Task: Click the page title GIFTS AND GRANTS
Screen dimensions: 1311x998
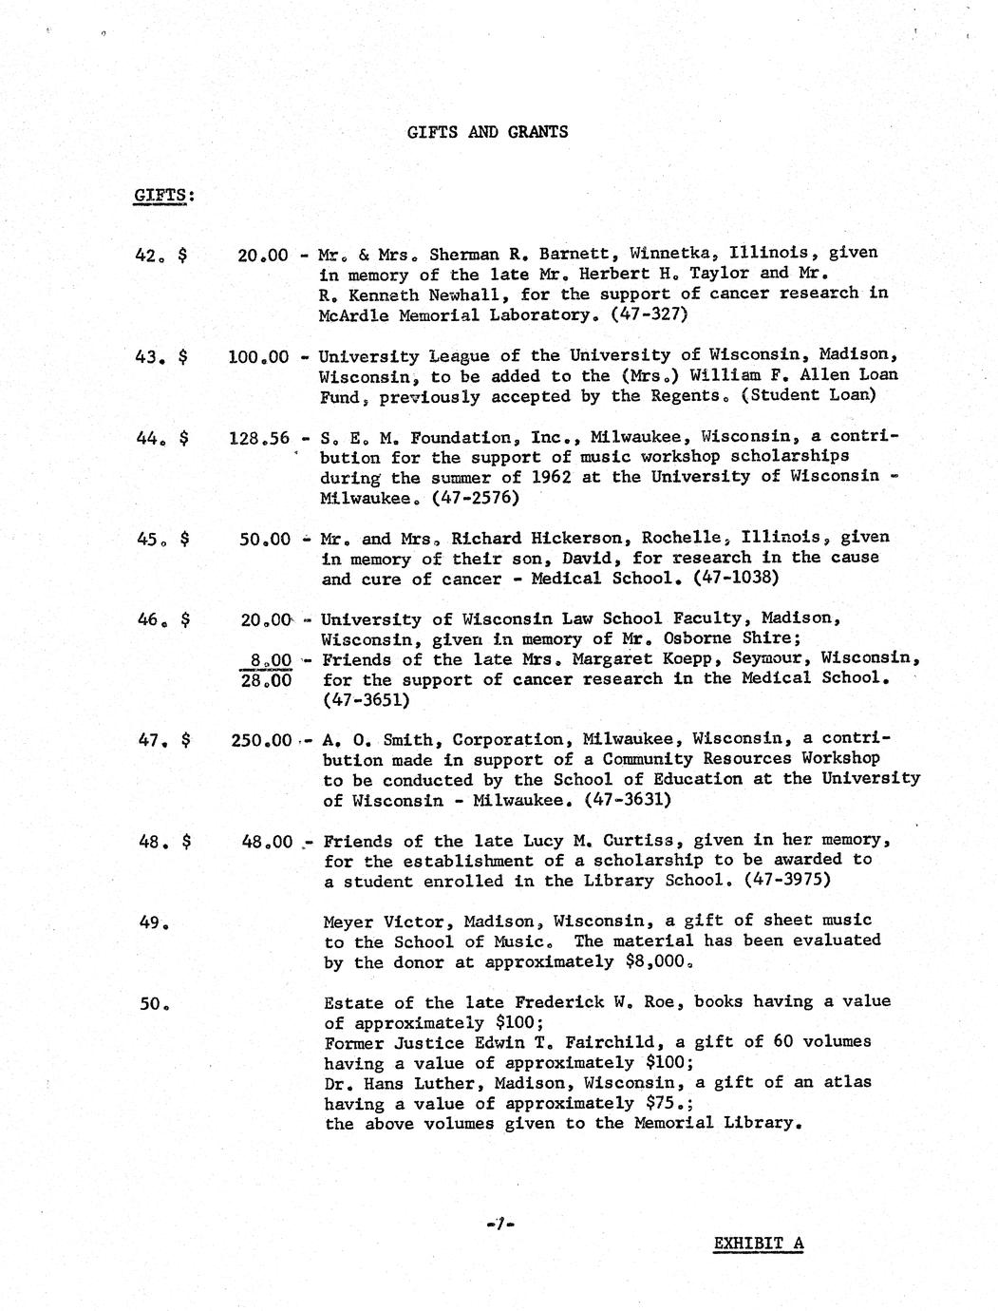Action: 487,132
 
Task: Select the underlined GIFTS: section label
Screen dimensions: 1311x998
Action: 163,196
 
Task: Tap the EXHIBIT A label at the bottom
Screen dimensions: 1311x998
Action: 758,1244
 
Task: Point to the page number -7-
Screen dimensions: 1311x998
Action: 498,1225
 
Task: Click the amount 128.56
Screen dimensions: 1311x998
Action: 258,438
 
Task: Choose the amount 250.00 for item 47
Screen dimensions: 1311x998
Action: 261,739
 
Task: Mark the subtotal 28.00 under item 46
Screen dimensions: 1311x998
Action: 266,680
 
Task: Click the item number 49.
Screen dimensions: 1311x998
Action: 153,921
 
